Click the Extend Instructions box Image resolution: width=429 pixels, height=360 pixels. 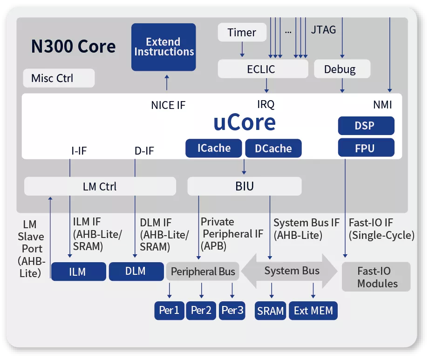(163, 47)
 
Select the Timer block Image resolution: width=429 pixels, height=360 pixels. (242, 33)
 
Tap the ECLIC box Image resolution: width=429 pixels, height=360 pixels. (263, 69)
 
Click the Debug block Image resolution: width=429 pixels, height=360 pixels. (342, 69)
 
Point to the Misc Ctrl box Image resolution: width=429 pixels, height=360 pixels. (59, 78)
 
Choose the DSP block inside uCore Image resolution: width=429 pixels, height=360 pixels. (366, 126)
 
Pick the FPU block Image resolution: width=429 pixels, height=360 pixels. (366, 148)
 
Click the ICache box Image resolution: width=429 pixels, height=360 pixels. (214, 148)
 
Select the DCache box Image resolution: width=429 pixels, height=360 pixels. (273, 148)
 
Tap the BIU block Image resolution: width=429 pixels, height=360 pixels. (245, 187)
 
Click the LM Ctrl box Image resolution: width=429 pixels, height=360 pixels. (100, 187)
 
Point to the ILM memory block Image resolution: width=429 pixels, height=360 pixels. (78, 272)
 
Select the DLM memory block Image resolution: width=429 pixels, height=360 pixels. (136, 271)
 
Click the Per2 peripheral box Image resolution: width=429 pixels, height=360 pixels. (201, 311)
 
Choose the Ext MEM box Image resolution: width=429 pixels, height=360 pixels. (313, 311)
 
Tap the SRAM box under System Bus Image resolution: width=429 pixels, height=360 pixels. (271, 311)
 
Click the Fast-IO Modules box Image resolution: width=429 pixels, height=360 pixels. (377, 277)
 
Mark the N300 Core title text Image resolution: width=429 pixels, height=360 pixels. (73, 47)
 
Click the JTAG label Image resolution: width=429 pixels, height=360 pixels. (323, 30)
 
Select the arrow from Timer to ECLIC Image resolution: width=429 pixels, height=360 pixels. (242, 48)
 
